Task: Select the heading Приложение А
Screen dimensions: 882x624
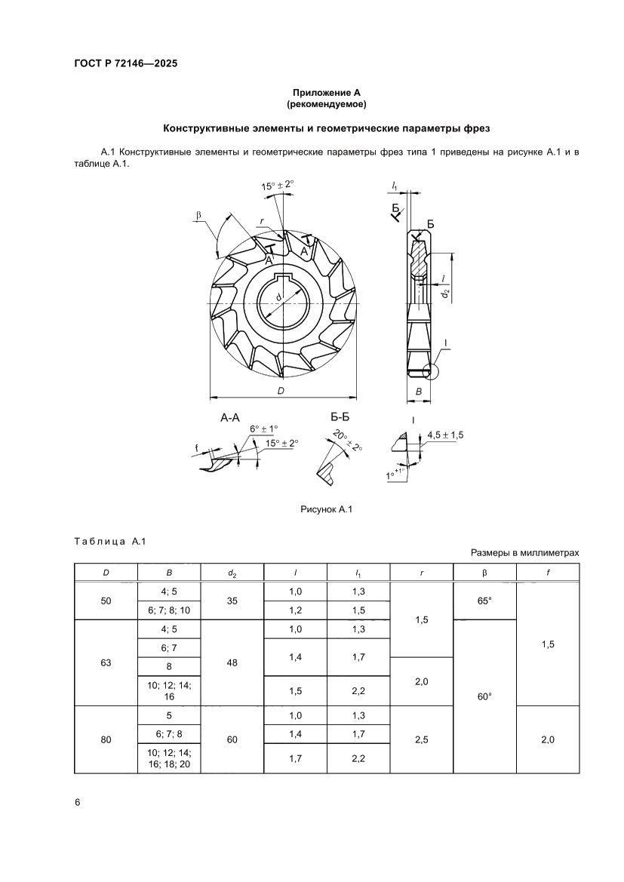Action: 326,92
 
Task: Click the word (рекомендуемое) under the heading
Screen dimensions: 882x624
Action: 326,103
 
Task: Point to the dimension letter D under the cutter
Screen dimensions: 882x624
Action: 281,390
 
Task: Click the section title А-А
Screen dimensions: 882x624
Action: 230,417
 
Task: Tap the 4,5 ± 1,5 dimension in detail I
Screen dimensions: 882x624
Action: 446,435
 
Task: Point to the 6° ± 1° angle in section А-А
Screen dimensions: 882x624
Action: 264,429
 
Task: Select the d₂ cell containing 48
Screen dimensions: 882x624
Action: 232,662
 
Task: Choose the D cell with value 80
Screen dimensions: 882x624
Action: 106,740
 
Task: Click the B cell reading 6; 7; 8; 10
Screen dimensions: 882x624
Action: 169,610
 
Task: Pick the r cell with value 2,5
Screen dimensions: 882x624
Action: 422,740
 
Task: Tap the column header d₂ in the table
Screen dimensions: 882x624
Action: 232,573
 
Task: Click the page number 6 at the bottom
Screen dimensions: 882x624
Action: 77,801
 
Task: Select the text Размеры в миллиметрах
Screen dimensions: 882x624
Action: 525,553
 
